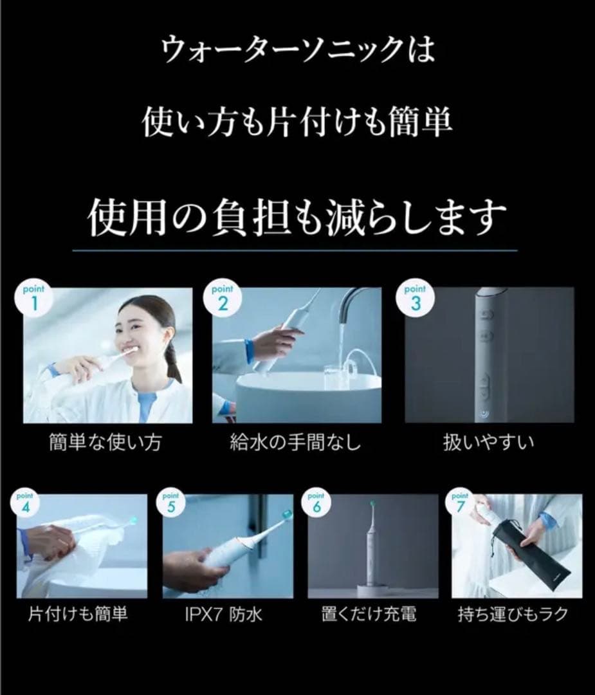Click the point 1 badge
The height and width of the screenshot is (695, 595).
click(x=33, y=297)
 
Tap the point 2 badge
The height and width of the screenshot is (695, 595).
click(x=223, y=297)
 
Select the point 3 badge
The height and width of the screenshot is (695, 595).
click(x=415, y=297)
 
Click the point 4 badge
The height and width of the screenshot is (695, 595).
click(x=26, y=503)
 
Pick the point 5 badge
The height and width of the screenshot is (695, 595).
click(x=171, y=503)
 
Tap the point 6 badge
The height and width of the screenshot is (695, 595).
click(x=316, y=503)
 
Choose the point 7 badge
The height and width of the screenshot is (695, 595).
click(x=460, y=503)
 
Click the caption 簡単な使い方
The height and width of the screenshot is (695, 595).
click(x=105, y=443)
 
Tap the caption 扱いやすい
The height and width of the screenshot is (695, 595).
click(x=488, y=443)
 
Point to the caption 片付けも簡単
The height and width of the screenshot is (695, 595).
click(x=78, y=615)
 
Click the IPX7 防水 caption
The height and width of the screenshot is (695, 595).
click(x=223, y=615)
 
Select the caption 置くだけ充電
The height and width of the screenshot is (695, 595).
click(x=370, y=615)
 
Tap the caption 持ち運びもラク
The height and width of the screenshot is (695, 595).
click(x=513, y=615)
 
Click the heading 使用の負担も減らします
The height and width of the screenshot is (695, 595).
click(x=297, y=218)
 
